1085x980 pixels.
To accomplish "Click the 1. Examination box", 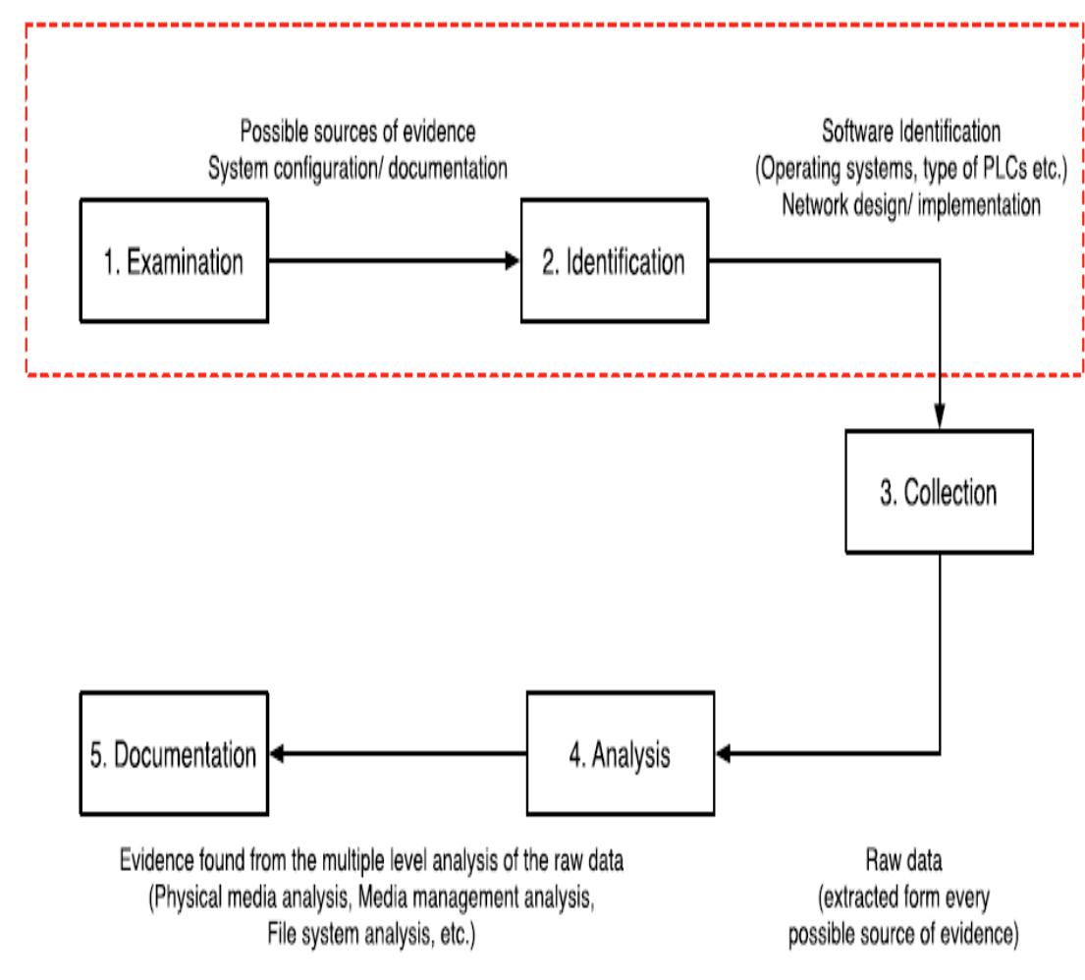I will [174, 262].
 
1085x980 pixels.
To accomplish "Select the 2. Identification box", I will [614, 262].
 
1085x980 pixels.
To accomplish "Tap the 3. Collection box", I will [940, 492].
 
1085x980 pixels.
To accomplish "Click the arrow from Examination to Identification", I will [393, 262].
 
